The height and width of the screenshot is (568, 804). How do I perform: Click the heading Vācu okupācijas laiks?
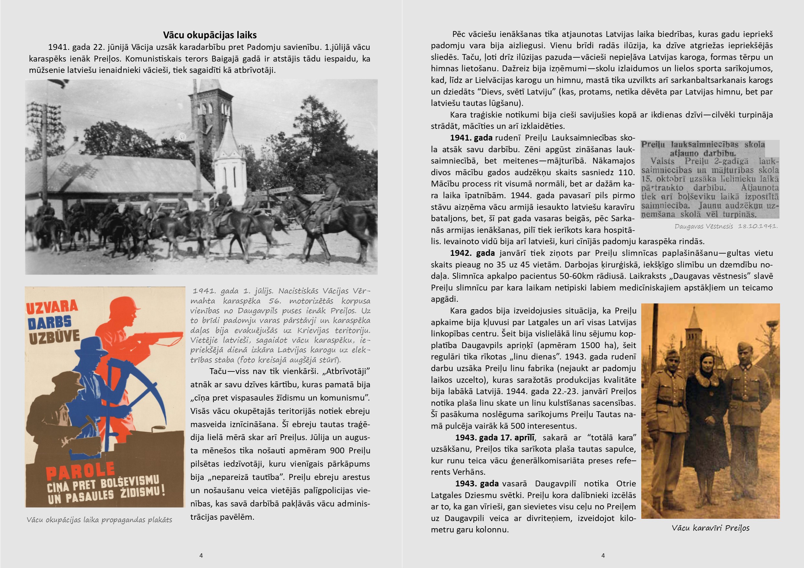click(210, 35)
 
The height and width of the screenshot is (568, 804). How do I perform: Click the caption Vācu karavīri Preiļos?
click(710, 528)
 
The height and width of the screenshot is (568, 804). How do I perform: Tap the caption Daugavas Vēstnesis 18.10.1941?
click(726, 226)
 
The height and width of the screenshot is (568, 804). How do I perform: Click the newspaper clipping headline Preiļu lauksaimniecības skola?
click(703, 145)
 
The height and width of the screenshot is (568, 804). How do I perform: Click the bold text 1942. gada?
click(472, 253)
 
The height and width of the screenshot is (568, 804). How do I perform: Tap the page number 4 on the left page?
click(201, 555)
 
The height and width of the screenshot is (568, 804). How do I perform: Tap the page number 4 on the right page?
click(603, 555)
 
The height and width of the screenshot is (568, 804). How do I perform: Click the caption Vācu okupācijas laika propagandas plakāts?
click(100, 520)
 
